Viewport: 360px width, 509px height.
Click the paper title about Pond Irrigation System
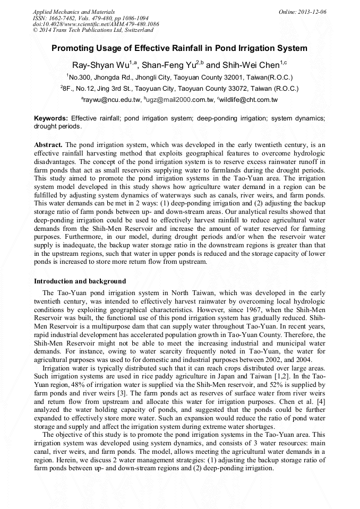pos(179,48)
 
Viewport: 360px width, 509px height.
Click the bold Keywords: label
pos(52,118)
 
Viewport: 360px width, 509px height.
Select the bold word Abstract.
pos(48,144)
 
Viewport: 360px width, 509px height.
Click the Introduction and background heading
pos(80,281)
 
